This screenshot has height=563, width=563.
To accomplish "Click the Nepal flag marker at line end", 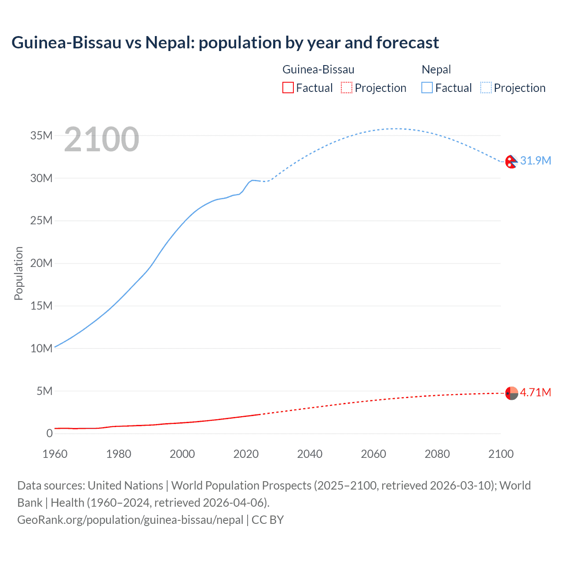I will (511, 162).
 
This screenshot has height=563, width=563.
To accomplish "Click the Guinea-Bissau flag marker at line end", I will (512, 393).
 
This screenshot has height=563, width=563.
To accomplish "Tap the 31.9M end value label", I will (535, 161).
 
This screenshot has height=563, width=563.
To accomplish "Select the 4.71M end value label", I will (535, 392).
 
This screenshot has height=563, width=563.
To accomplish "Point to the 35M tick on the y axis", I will (41, 135).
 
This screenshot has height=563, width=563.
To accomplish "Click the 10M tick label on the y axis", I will (41, 348).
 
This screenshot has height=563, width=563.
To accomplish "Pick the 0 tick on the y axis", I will (49, 433).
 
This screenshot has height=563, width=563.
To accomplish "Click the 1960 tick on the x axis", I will (55, 454).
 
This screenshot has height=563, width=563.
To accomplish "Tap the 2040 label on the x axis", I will (310, 454).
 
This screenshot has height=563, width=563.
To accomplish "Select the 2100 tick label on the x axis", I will (501, 454).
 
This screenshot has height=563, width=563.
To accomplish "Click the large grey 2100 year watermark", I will (102, 139).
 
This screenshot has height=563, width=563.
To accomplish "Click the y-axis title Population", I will (18, 273).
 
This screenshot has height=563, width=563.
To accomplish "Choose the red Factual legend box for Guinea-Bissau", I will (288, 88).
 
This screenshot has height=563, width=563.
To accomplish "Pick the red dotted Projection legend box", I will (347, 88).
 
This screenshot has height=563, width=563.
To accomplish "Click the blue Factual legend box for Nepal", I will (427, 88).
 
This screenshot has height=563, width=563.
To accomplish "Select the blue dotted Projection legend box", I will (486, 88).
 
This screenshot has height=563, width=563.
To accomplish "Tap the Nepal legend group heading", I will (436, 69).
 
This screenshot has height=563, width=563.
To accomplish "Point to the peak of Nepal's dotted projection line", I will (394, 128).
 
